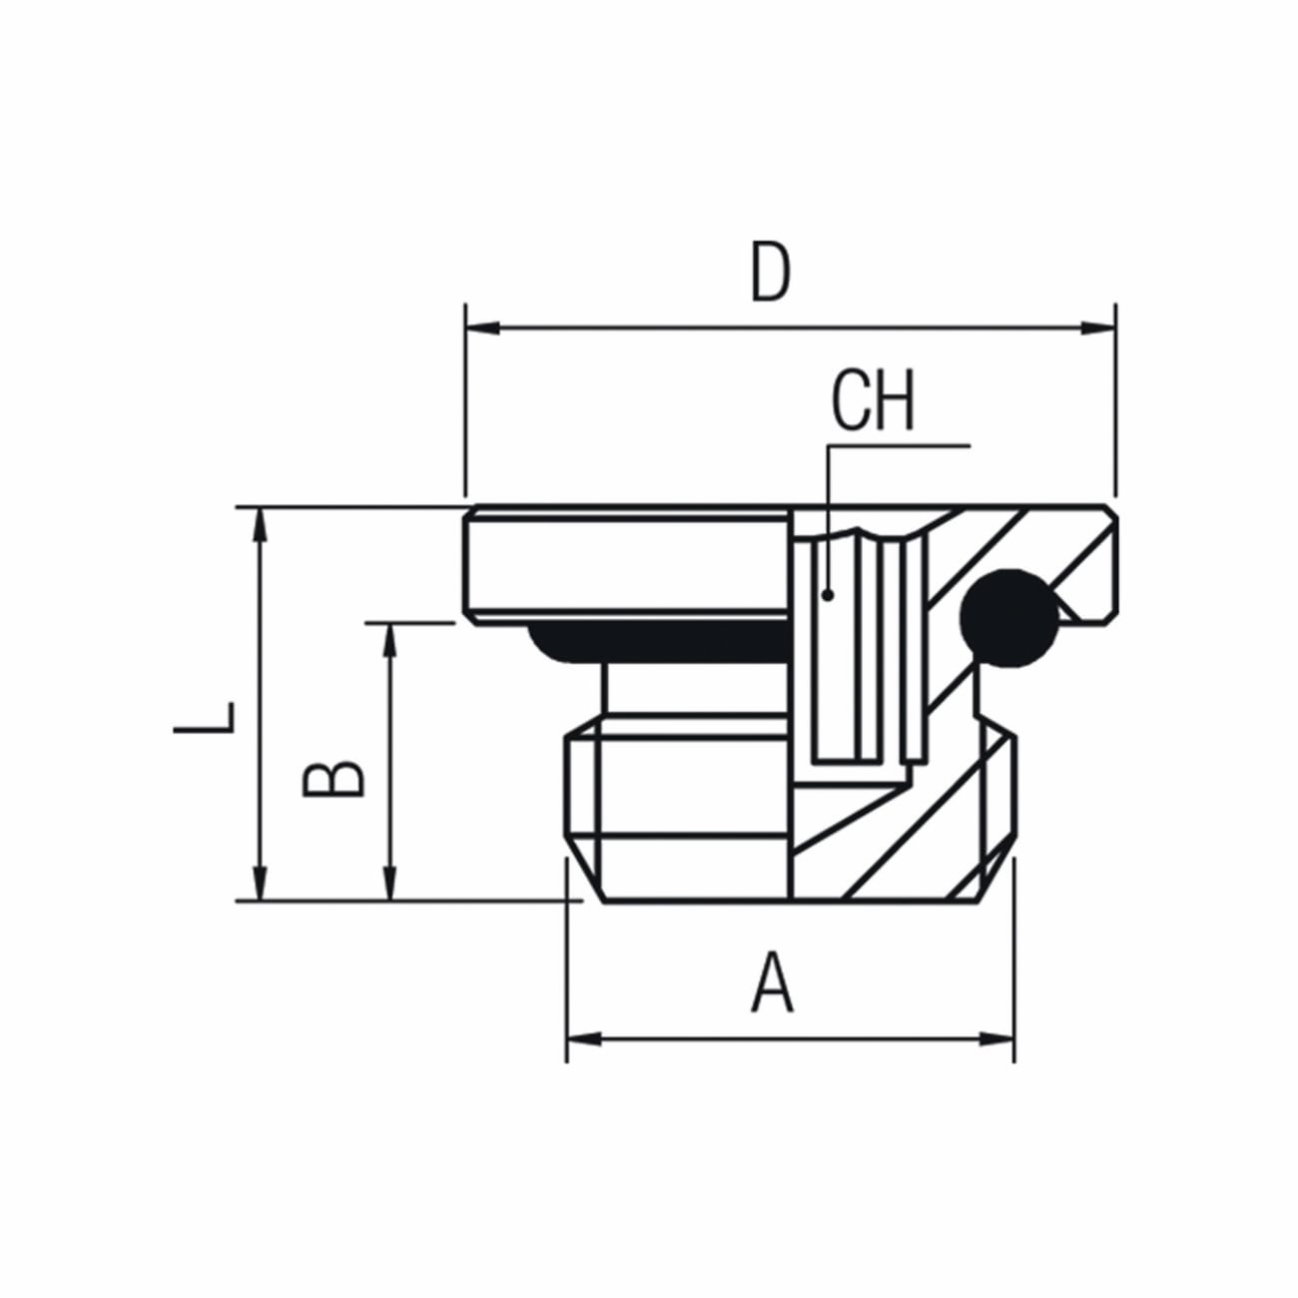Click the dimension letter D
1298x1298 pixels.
tap(770, 273)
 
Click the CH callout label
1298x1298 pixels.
tap(873, 401)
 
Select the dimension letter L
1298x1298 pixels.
tap(206, 717)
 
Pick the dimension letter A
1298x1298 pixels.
tap(772, 983)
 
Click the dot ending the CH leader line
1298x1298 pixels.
tap(828, 595)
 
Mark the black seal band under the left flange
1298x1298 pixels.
tap(659, 643)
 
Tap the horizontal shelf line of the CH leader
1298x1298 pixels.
tap(899, 445)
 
